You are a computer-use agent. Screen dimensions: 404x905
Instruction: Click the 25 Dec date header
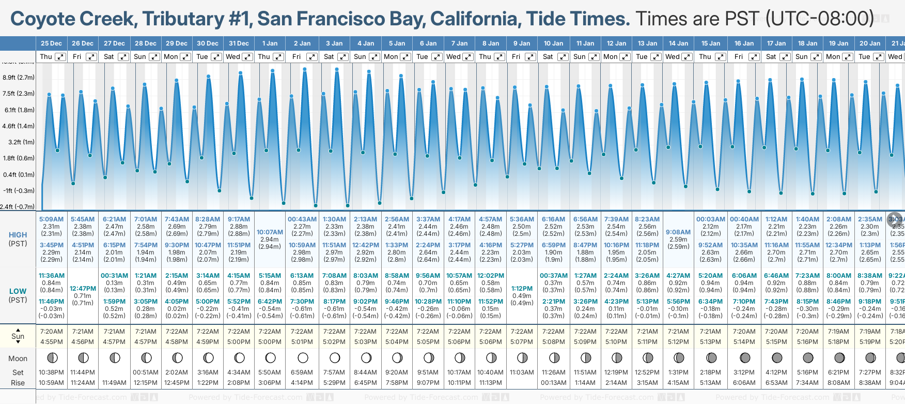click(51, 43)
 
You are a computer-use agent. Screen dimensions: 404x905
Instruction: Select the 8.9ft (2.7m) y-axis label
click(19, 78)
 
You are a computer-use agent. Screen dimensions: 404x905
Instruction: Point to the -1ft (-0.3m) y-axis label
click(19, 190)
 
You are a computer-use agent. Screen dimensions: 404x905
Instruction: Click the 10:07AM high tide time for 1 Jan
click(270, 232)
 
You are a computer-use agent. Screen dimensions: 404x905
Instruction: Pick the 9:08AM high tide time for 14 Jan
click(678, 232)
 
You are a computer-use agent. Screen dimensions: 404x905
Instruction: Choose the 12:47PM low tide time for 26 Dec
click(83, 289)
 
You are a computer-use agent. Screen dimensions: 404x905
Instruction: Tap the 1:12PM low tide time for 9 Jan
click(522, 289)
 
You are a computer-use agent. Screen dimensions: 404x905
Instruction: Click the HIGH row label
click(18, 235)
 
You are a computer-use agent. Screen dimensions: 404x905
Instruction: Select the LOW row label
click(18, 291)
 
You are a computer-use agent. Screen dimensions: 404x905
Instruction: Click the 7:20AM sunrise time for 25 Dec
click(51, 332)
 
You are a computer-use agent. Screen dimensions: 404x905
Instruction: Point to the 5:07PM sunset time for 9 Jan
click(522, 342)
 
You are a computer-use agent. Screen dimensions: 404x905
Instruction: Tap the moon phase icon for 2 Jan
click(303, 357)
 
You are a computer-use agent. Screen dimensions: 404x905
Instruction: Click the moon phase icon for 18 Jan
click(808, 357)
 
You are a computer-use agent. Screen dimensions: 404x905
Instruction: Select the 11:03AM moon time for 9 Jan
click(522, 372)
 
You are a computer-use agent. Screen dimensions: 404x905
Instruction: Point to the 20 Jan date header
click(870, 43)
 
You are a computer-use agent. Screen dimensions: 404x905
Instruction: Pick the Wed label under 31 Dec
click(233, 57)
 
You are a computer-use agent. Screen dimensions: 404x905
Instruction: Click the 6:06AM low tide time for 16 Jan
click(744, 276)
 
